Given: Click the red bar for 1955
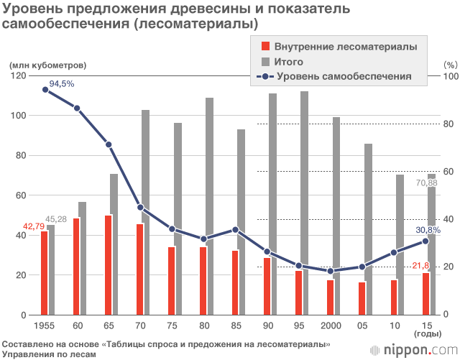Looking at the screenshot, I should click(x=45, y=273).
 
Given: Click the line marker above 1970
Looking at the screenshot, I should click(x=140, y=208).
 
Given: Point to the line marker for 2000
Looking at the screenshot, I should click(x=330, y=271).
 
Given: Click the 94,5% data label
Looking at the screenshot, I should click(x=62, y=84).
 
